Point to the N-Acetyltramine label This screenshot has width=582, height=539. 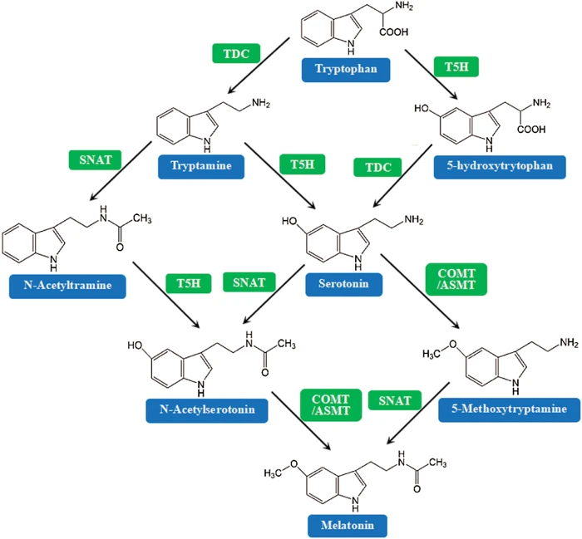[73, 287]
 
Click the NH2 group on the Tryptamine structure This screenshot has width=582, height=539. [260, 103]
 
